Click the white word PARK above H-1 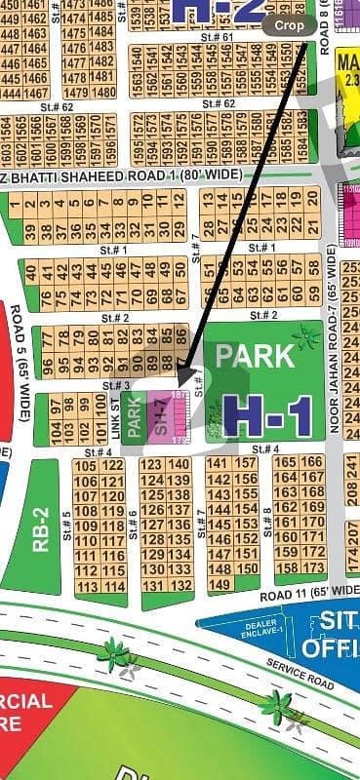(x=255, y=355)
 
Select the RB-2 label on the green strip (x=41, y=527)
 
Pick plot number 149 (x=219, y=584)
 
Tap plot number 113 (x=86, y=586)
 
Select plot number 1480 (x=102, y=93)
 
